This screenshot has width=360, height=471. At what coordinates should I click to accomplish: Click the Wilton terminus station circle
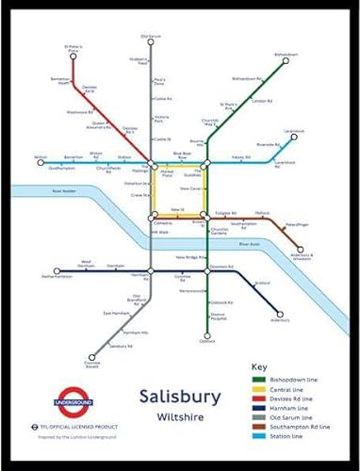pos(41,162)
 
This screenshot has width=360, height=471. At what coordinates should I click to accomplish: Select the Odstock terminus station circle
pos(206,335)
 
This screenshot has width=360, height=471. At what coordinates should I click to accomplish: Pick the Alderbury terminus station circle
pos(279,316)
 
